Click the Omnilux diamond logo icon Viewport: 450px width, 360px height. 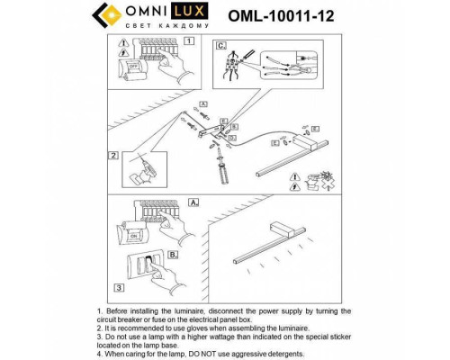click(123, 19)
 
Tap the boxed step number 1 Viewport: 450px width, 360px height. click(189, 41)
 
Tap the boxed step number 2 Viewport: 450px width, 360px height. click(114, 156)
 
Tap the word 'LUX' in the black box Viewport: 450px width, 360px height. click(209, 14)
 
